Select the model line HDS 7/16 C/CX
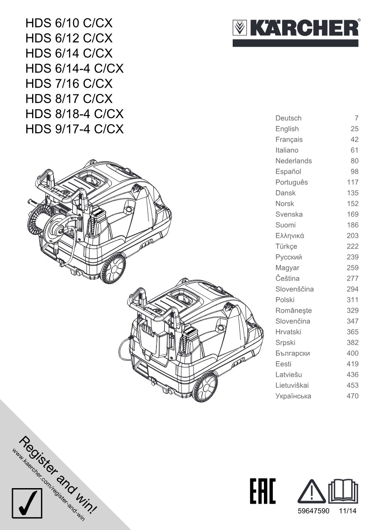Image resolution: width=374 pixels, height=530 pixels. point(69,83)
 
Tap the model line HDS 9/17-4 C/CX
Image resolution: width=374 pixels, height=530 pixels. point(74,129)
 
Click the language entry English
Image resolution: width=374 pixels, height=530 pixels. point(287,129)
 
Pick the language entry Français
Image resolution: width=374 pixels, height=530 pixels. point(289,139)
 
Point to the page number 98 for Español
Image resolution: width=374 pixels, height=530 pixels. point(354,171)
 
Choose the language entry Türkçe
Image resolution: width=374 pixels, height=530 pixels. point(286,246)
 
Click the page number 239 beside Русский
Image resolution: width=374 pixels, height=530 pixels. point(352,257)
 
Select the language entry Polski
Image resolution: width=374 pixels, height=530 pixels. point(285,300)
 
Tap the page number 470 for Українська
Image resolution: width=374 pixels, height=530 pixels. point(352,396)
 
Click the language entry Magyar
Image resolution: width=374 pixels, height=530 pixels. point(287,268)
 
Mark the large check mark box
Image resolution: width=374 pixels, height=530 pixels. point(27,503)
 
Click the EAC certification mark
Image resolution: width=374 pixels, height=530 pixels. point(263,491)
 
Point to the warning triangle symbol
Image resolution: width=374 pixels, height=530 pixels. point(312,491)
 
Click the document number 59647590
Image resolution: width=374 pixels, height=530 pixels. point(313,511)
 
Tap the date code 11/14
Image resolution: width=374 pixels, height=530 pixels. point(348,511)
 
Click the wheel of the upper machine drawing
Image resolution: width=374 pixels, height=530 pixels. point(113,269)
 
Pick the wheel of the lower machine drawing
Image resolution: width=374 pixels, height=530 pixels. point(205,387)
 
